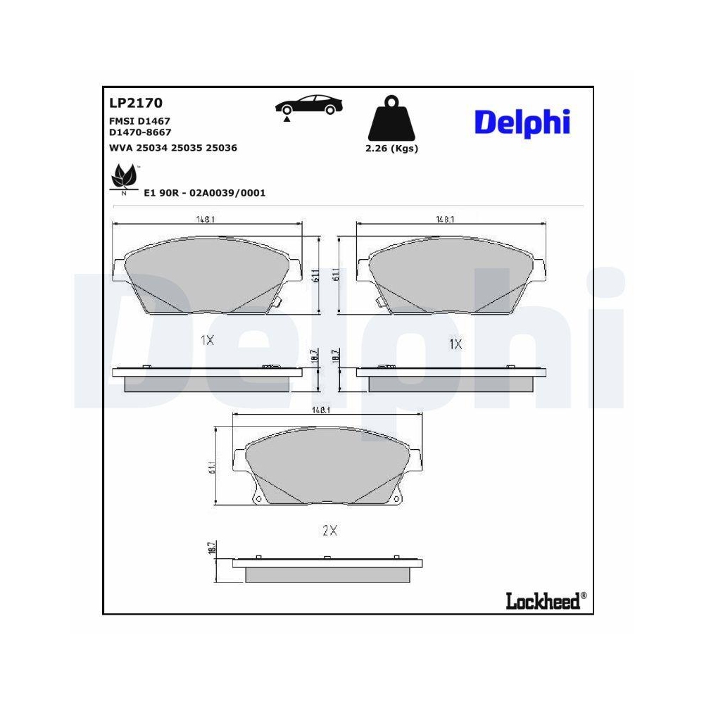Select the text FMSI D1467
(x=140, y=121)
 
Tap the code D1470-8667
(x=140, y=132)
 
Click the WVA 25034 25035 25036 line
(x=172, y=148)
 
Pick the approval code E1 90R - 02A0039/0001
(x=204, y=193)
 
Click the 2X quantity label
(x=329, y=531)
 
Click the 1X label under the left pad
(x=207, y=340)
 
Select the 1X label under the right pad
(x=455, y=344)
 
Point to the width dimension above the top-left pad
(x=205, y=219)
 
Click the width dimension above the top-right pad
(x=444, y=219)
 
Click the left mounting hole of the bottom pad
(x=258, y=499)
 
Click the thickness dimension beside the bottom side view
(x=211, y=548)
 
